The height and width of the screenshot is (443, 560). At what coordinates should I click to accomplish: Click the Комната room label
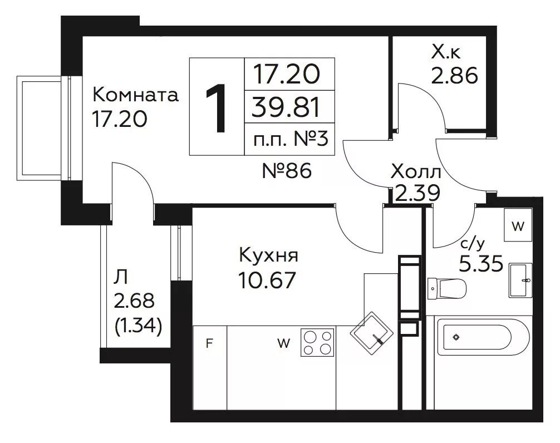click(x=135, y=95)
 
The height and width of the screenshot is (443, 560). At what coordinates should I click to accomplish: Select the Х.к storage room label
click(x=446, y=52)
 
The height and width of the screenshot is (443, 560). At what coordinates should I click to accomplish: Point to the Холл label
click(x=416, y=172)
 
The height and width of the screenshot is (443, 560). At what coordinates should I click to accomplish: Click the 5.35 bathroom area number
click(x=481, y=263)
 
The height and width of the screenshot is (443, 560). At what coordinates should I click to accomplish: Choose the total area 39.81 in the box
click(x=286, y=107)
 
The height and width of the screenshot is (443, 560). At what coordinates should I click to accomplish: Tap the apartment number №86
click(x=287, y=171)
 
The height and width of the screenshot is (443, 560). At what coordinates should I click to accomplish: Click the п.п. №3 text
click(x=290, y=139)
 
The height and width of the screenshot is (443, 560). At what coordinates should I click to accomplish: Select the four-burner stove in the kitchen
click(x=317, y=342)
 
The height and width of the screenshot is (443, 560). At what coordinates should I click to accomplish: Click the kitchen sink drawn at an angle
click(x=371, y=333)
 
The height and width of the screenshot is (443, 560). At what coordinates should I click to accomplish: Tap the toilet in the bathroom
click(x=447, y=288)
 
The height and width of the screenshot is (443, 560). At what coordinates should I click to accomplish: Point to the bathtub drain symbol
click(x=456, y=337)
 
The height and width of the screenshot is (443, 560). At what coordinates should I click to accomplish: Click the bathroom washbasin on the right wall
click(x=520, y=280)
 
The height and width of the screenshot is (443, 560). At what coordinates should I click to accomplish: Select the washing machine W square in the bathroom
click(x=518, y=225)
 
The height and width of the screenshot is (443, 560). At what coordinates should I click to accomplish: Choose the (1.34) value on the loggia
click(x=138, y=325)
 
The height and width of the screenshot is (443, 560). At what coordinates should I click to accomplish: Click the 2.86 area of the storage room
click(x=454, y=75)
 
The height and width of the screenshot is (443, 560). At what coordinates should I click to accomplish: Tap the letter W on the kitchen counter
click(x=283, y=343)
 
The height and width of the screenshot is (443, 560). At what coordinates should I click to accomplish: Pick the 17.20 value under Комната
click(x=119, y=119)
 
